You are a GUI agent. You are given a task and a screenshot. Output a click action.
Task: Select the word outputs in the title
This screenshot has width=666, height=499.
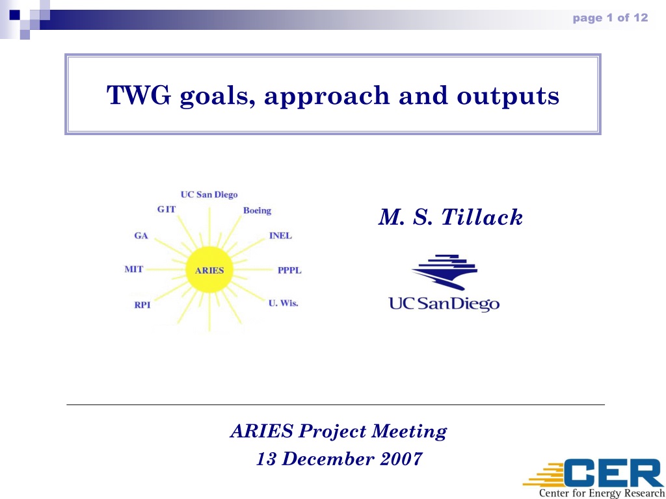(x=508, y=97)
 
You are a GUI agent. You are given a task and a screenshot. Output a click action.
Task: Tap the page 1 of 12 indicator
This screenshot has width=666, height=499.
(x=610, y=18)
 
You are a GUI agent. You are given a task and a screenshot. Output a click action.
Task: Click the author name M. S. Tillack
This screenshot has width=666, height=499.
(x=450, y=217)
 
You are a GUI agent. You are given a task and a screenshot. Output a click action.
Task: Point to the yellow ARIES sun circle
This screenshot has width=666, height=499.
(x=209, y=270)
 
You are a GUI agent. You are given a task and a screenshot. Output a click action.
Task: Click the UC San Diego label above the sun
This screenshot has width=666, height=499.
(x=209, y=195)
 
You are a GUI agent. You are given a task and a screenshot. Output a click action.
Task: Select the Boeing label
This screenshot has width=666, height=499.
(x=257, y=211)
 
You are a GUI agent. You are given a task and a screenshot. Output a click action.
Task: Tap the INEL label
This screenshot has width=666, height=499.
(x=281, y=236)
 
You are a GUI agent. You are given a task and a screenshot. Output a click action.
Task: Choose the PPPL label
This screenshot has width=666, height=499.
(x=289, y=270)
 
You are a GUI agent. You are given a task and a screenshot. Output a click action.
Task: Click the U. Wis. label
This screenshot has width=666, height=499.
(x=284, y=303)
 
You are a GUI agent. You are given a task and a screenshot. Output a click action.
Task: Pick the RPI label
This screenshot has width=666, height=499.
(x=142, y=305)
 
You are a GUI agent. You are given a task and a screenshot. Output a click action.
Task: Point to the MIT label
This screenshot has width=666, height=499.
(x=134, y=269)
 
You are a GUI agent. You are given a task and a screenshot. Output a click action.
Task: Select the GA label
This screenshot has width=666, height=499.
(x=141, y=236)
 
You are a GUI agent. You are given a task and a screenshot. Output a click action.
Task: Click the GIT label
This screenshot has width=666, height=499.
(x=166, y=209)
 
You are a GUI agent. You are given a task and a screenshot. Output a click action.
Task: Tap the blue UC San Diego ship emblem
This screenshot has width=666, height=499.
(x=444, y=272)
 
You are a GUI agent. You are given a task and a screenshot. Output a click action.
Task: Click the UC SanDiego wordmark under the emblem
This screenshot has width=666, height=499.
(x=444, y=305)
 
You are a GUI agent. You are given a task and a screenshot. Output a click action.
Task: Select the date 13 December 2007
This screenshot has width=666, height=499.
(x=340, y=459)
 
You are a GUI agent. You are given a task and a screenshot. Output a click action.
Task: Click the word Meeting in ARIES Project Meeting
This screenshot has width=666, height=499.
(x=408, y=432)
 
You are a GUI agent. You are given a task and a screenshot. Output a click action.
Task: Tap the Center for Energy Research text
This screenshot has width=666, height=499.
(x=602, y=494)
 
